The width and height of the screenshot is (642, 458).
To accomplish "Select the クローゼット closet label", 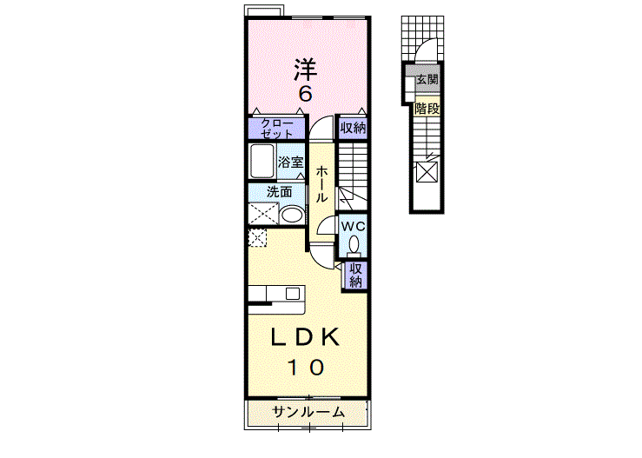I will pyautogui.click(x=276, y=129).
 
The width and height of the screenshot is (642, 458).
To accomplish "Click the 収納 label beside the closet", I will pyautogui.click(x=353, y=129).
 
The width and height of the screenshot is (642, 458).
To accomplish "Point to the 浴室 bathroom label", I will pyautogui.click(x=290, y=163).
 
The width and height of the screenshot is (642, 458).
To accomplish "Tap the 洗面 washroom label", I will pyautogui.click(x=278, y=192).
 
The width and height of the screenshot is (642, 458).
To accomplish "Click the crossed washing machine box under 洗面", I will pyautogui.click(x=261, y=215).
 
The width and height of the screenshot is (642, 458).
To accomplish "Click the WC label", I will pyautogui.click(x=353, y=227).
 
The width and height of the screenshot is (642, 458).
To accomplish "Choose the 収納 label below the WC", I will pyautogui.click(x=356, y=275).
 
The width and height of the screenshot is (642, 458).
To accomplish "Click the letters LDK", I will pyautogui.click(x=305, y=337).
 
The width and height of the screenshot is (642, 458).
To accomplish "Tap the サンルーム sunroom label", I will pyautogui.click(x=308, y=412).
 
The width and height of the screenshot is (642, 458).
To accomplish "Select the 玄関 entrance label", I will pyautogui.click(x=426, y=80).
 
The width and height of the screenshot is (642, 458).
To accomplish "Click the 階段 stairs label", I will pyautogui.click(x=427, y=109).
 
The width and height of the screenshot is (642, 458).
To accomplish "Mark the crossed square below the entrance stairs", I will pyautogui.click(x=427, y=171).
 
